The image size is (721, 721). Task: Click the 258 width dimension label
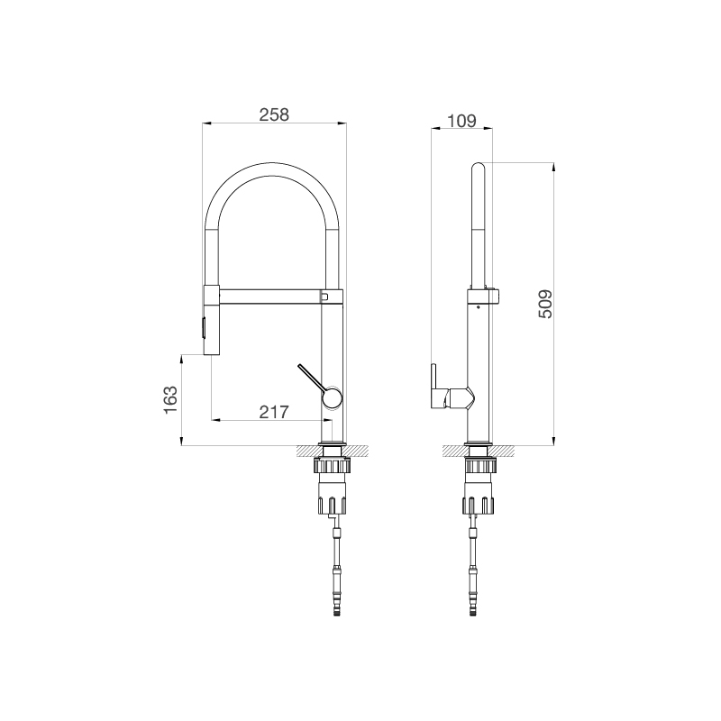pos(273,114)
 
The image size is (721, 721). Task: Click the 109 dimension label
pos(461,120)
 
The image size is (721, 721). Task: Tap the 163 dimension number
pos(171,399)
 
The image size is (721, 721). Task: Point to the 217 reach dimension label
pos(273,412)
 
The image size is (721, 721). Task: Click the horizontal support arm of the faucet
pos(270,296)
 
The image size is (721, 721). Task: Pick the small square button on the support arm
pos(324,295)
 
